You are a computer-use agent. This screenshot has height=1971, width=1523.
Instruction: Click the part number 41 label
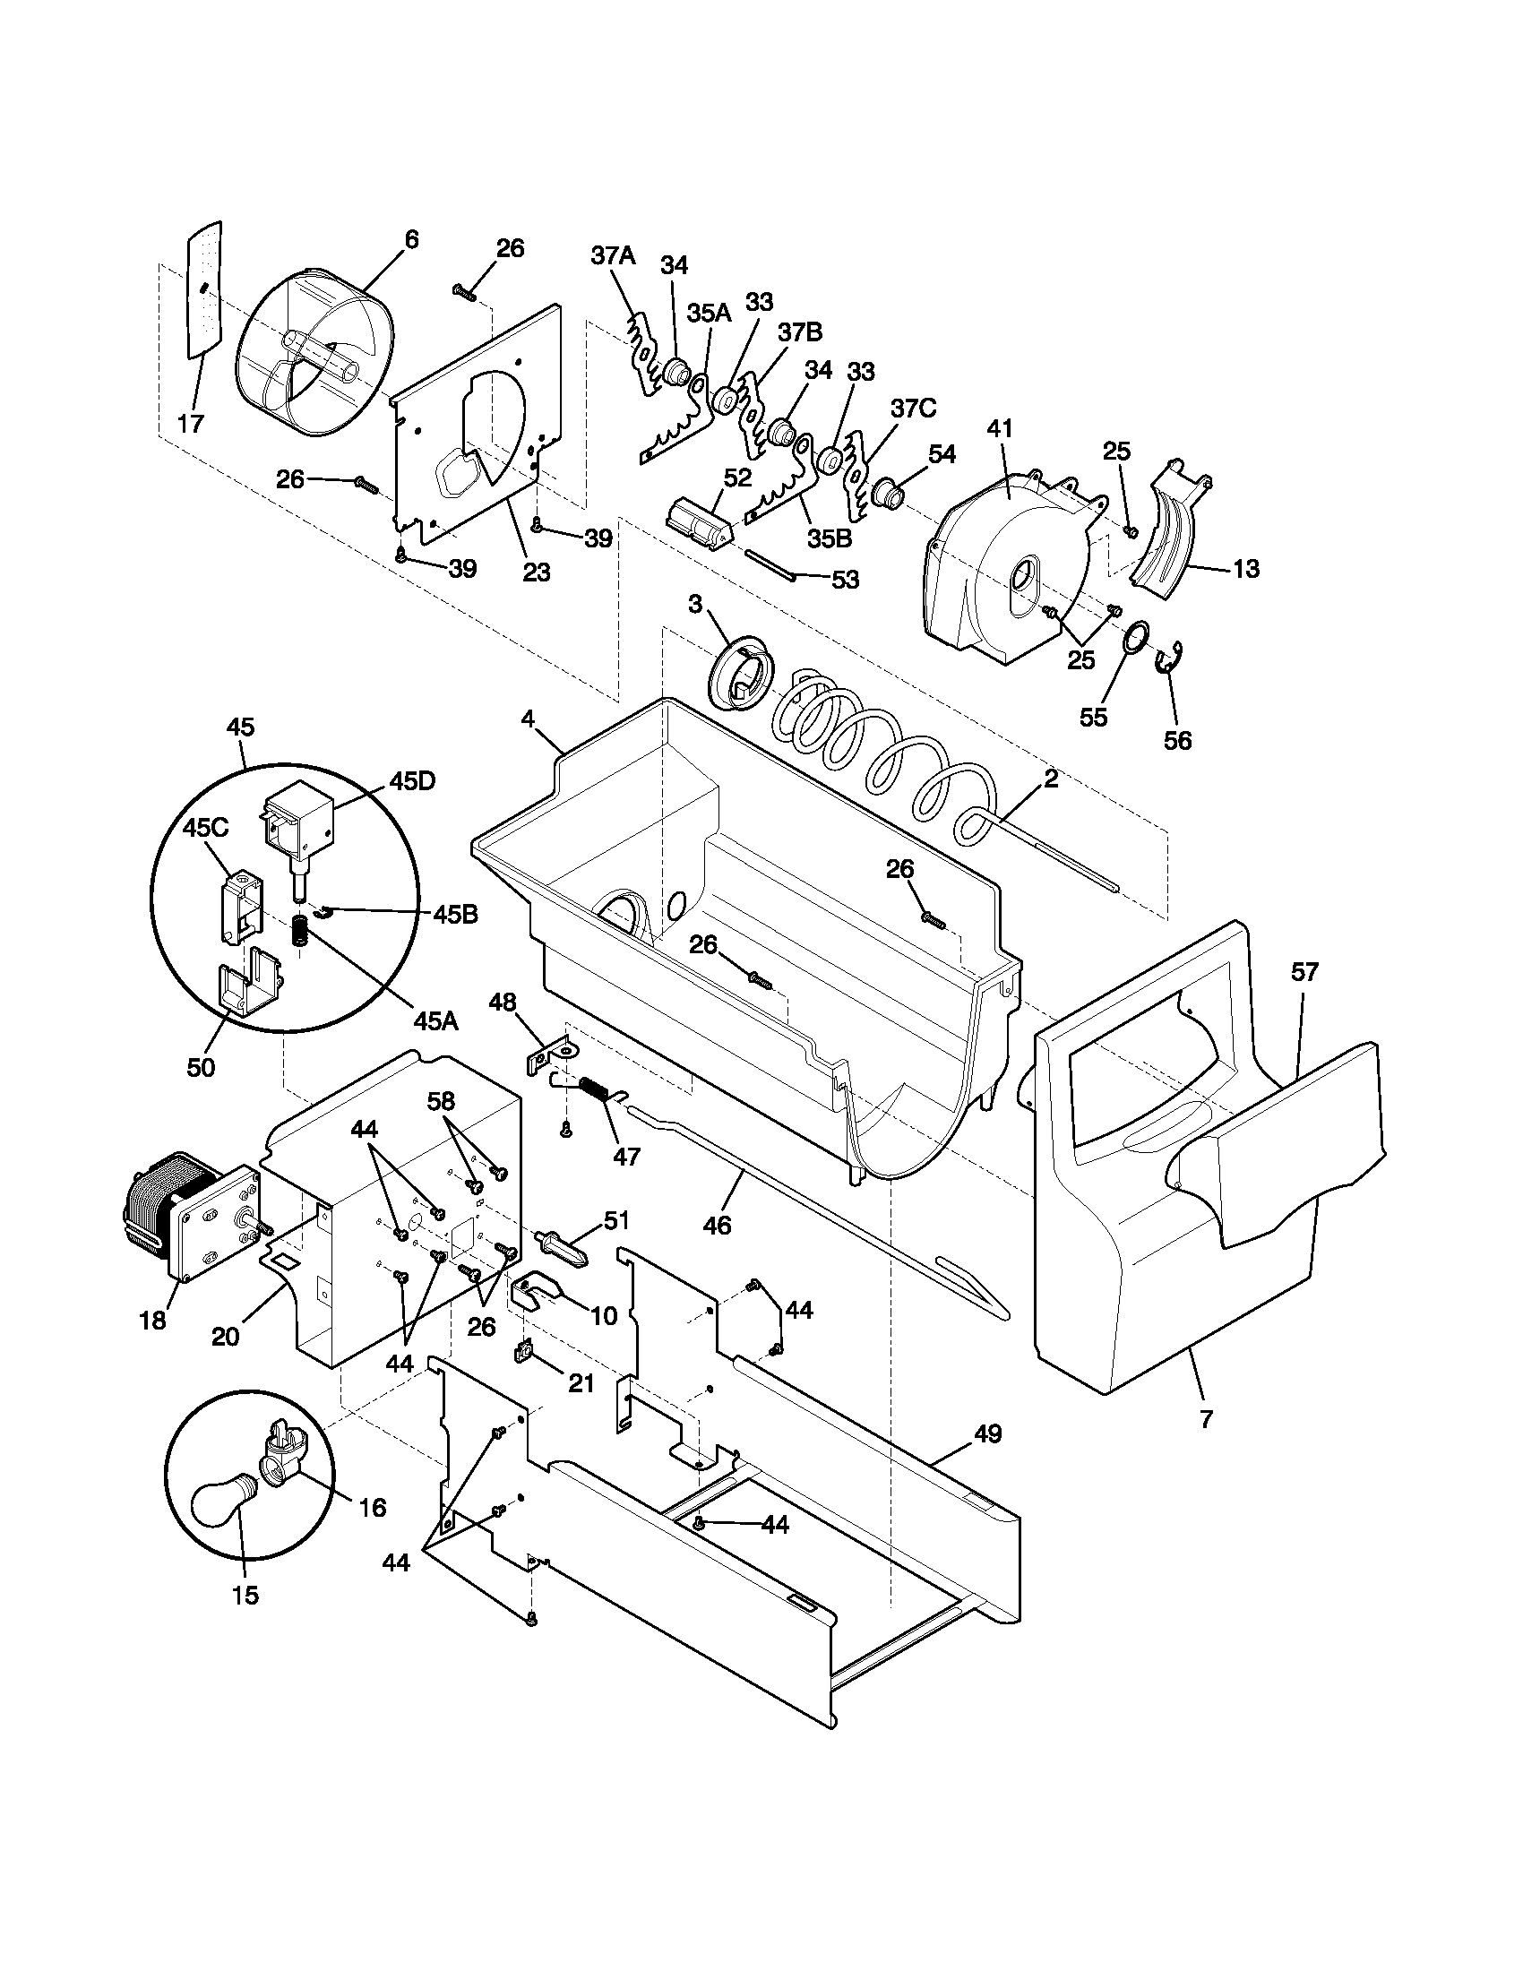tap(1000, 427)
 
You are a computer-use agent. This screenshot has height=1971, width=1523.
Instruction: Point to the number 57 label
tap(1304, 972)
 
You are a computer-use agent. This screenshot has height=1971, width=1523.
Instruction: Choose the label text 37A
tap(613, 255)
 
